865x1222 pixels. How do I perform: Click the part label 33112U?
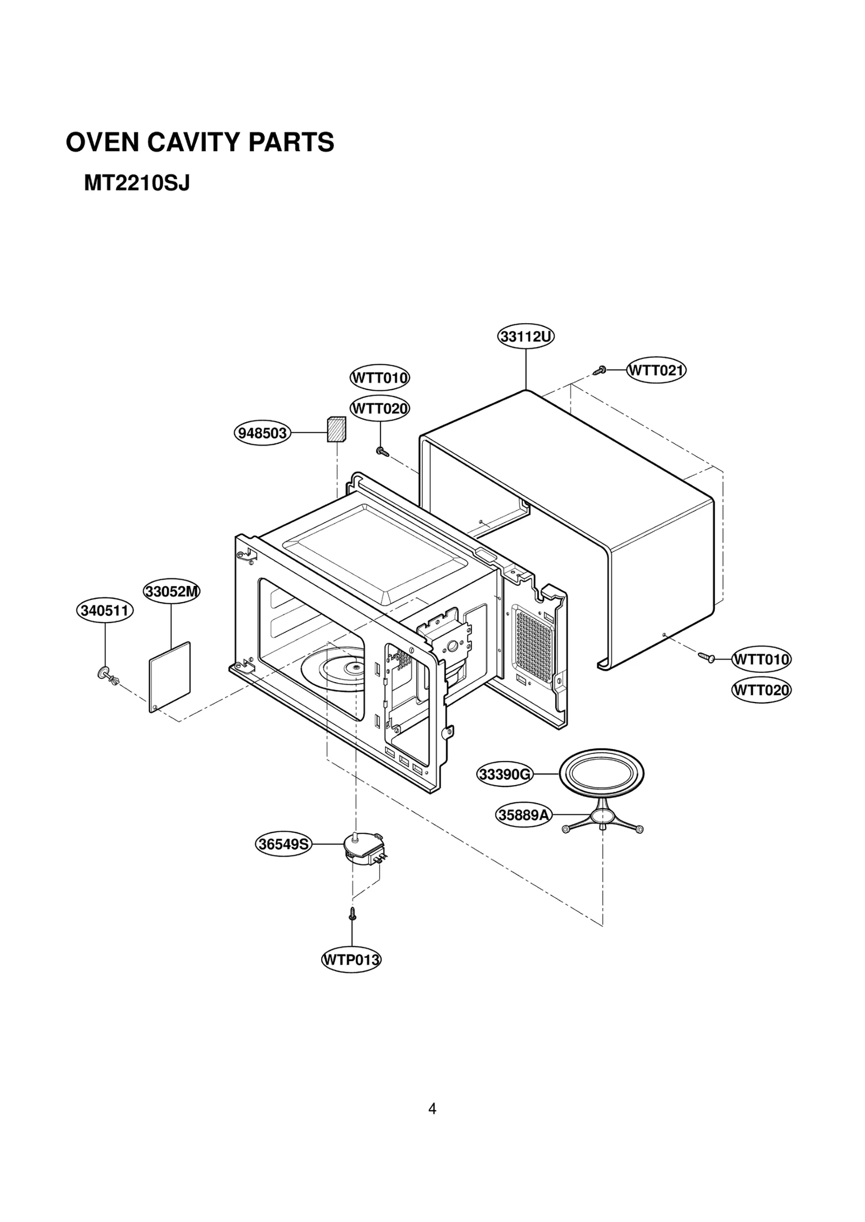tap(525, 337)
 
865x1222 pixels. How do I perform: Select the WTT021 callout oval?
tap(656, 371)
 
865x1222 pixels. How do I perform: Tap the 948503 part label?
tap(263, 433)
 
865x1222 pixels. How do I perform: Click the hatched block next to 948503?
tap(336, 429)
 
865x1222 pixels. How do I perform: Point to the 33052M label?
tap(171, 592)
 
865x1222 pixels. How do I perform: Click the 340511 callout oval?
tap(104, 611)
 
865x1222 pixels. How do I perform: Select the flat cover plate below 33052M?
tap(170, 677)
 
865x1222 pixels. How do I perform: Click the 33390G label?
tap(505, 774)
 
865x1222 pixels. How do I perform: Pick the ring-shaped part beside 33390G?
tap(601, 775)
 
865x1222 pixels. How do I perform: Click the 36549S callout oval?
tap(283, 844)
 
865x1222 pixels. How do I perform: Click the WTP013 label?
tap(351, 960)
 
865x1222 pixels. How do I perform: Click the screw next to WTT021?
tap(600, 371)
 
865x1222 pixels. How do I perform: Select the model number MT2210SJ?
tap(137, 184)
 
